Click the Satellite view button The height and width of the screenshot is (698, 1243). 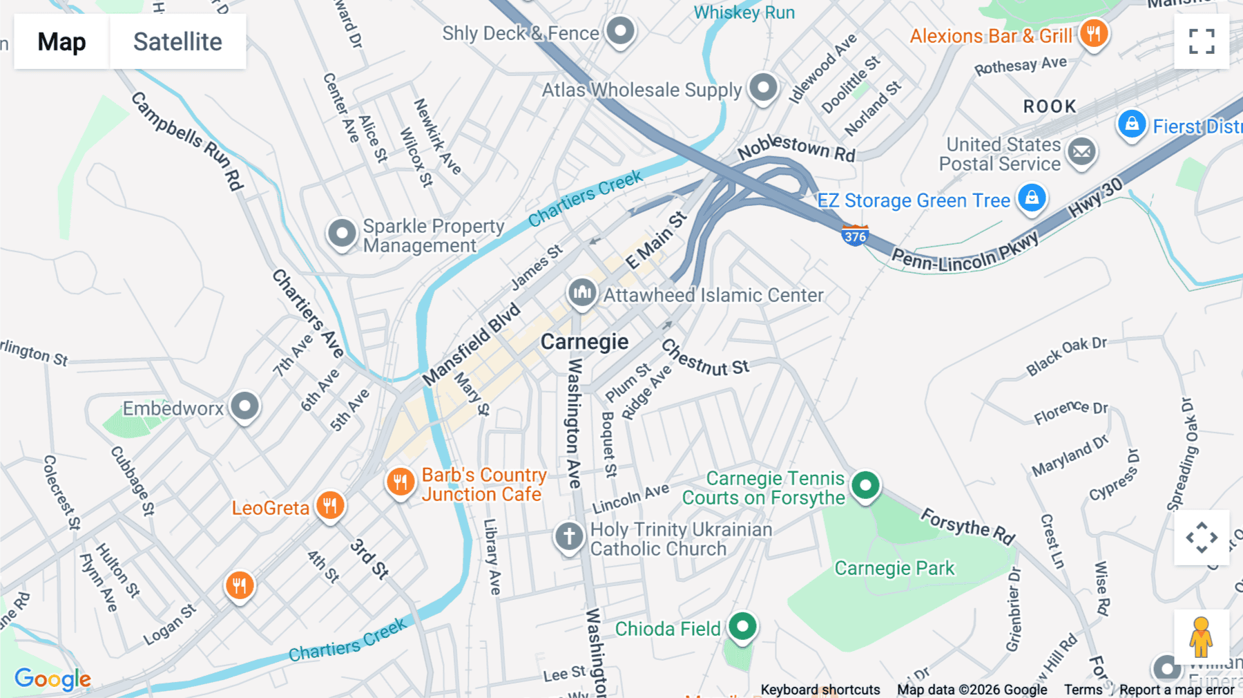[177, 41]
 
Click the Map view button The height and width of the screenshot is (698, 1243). [61, 41]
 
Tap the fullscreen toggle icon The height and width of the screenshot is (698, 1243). [1202, 41]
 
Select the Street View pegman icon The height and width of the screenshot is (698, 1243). [1201, 636]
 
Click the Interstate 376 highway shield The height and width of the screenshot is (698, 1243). [855, 236]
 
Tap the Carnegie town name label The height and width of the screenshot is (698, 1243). [584, 341]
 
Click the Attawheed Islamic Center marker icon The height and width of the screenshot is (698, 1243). [582, 293]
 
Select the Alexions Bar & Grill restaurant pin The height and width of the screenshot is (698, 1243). [1093, 33]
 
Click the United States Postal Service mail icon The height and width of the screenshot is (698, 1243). [1081, 151]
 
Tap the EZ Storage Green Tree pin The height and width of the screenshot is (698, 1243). [1032, 198]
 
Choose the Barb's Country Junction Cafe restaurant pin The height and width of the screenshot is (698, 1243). [401, 482]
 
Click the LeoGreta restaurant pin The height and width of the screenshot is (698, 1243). [330, 506]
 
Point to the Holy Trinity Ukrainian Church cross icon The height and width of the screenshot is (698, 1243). [569, 536]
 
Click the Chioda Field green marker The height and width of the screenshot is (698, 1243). [742, 627]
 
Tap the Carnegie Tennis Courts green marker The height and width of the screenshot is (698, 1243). [865, 485]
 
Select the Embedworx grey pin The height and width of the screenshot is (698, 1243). [244, 406]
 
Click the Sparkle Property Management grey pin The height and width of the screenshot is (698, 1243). [342, 234]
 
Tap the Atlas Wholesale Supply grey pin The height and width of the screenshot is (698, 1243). [763, 88]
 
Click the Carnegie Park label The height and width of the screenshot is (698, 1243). [894, 568]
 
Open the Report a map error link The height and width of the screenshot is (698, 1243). [1177, 690]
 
